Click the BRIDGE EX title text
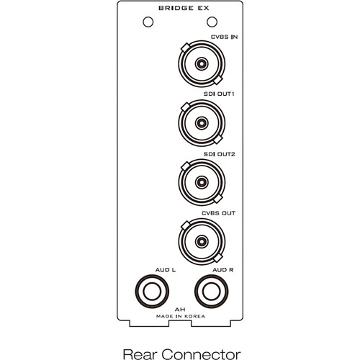pos(184,8)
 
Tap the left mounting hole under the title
pos(148,22)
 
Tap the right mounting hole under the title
pos(212,22)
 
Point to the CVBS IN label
pos(224,37)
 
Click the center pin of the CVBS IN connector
pos(202,64)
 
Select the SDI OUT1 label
pos(219,94)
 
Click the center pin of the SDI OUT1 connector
pos(202,123)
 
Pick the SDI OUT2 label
pos(219,154)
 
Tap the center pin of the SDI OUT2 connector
pos(202,182)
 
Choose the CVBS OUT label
pos(218,213)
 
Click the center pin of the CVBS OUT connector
pos(202,241)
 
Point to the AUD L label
pos(166,270)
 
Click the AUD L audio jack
pos(152,292)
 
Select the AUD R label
pos(223,270)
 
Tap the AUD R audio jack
pos(212,292)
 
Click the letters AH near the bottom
pos(180,310)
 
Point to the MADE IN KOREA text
pos(181,316)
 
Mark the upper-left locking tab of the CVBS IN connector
pos(186,47)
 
